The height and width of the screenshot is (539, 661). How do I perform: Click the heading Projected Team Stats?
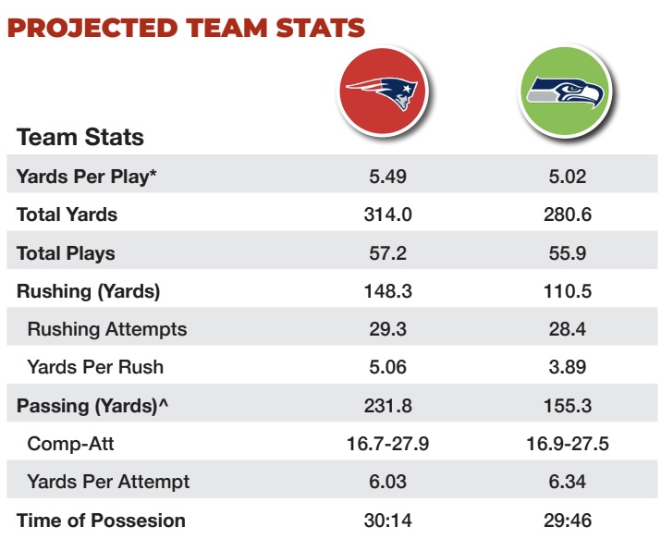[x=186, y=26]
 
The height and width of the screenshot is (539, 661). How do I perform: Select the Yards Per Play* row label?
[x=82, y=177]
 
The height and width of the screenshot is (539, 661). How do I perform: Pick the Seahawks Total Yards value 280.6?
[x=566, y=214]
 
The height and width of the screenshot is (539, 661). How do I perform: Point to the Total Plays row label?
[x=66, y=252]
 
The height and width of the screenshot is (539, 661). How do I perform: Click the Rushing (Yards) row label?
[x=88, y=291]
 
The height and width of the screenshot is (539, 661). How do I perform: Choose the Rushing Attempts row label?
[x=107, y=329]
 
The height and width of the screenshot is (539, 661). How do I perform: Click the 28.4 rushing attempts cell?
[x=566, y=329]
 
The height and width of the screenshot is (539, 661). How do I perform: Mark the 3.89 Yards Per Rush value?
[x=566, y=367]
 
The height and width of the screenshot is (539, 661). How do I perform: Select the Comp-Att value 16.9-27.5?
[x=566, y=444]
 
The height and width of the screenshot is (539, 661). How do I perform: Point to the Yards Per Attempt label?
[x=109, y=482]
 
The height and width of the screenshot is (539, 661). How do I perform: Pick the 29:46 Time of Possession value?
[x=566, y=521]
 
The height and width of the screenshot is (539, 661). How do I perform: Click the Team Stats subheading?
[x=80, y=138]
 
